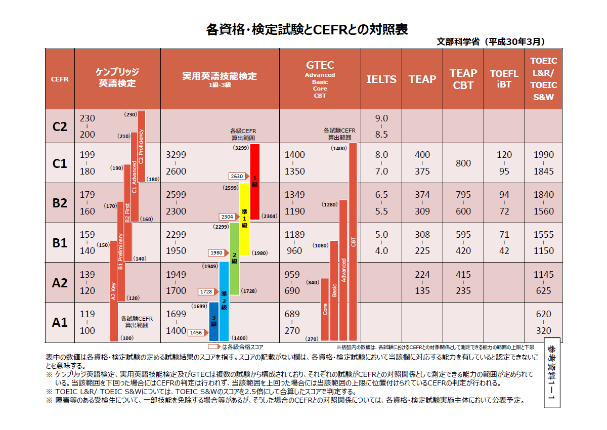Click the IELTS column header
point(381,79)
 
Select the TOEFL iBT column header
point(504,79)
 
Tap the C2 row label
point(60,126)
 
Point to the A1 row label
point(60,322)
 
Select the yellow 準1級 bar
point(244,219)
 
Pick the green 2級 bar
point(234,259)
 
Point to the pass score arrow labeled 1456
point(197,332)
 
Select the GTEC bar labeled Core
point(325,309)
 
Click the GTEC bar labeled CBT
point(353,242)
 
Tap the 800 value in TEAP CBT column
point(463,163)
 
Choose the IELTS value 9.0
point(381,118)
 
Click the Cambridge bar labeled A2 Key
point(114,293)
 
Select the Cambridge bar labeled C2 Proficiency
point(141,147)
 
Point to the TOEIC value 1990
point(543,155)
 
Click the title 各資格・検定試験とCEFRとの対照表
point(307,29)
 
